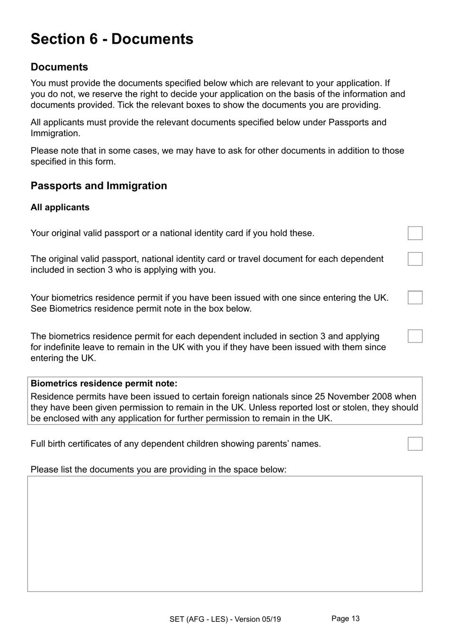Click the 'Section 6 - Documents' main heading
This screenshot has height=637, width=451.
(112, 39)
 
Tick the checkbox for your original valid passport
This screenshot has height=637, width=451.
(415, 233)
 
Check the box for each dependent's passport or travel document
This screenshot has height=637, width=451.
(415, 259)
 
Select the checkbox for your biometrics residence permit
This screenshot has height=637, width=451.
(415, 298)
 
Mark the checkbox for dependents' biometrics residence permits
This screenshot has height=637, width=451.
(415, 336)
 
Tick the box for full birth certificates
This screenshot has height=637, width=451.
(415, 444)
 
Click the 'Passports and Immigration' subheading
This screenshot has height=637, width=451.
(99, 186)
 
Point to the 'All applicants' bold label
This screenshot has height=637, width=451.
(60, 207)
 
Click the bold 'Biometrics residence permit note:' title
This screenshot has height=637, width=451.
(104, 384)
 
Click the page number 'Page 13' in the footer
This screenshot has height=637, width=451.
(345, 618)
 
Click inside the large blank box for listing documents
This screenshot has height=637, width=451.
(225, 534)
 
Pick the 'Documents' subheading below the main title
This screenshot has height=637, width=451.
(59, 67)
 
